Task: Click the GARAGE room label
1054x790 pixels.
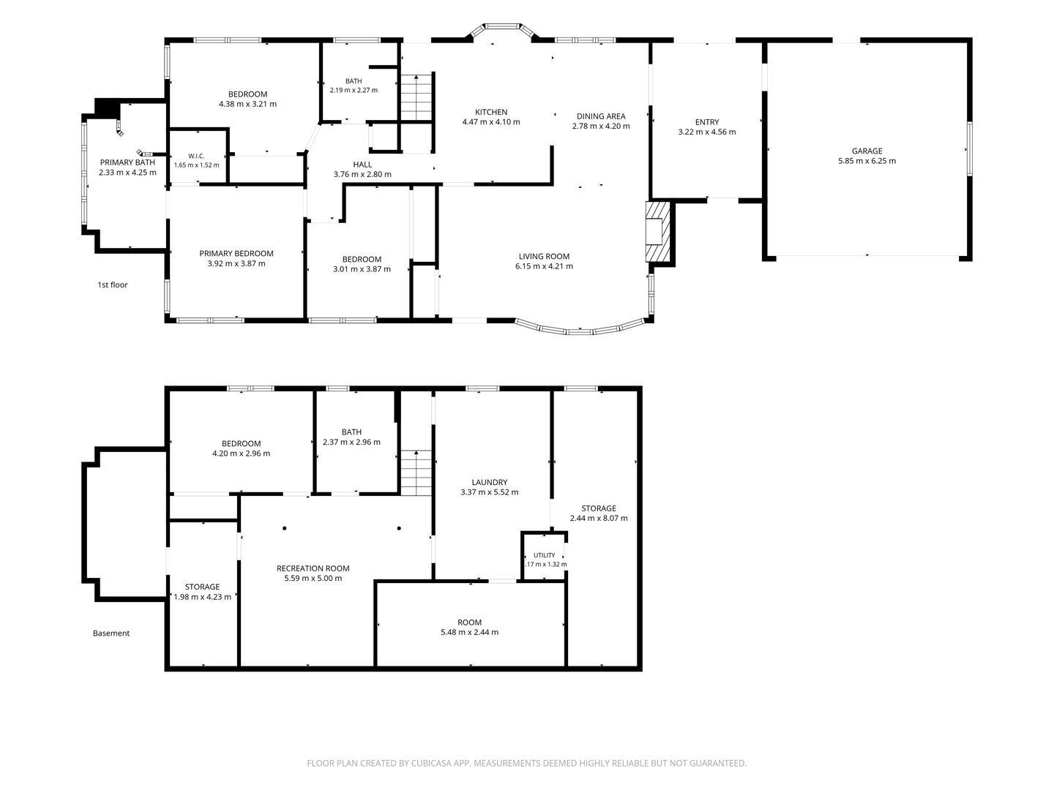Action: pos(867,151)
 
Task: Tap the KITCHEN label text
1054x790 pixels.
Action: pos(490,112)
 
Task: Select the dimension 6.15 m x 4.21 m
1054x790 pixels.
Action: pos(544,266)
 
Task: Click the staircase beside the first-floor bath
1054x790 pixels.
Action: pos(416,97)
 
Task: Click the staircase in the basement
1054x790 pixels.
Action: pos(416,473)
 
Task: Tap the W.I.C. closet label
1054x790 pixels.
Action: pos(196,156)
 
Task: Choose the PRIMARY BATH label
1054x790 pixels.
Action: pos(127,162)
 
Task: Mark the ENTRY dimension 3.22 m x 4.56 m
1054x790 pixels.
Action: pos(707,132)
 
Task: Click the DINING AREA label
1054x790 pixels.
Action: pos(601,116)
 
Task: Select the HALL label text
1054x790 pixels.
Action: pos(362,165)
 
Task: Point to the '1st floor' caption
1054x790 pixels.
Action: pos(113,285)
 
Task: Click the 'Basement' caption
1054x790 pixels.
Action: pos(111,633)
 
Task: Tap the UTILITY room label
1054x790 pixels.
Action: pos(544,555)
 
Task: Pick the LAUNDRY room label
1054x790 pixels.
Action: pos(490,482)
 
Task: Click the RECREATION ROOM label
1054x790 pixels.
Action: pos(313,568)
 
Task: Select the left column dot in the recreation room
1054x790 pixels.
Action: pos(285,528)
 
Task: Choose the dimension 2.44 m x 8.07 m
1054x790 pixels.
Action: pos(598,518)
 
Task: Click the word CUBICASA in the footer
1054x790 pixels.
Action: pos(431,763)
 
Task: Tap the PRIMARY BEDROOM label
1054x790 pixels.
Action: pos(236,253)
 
